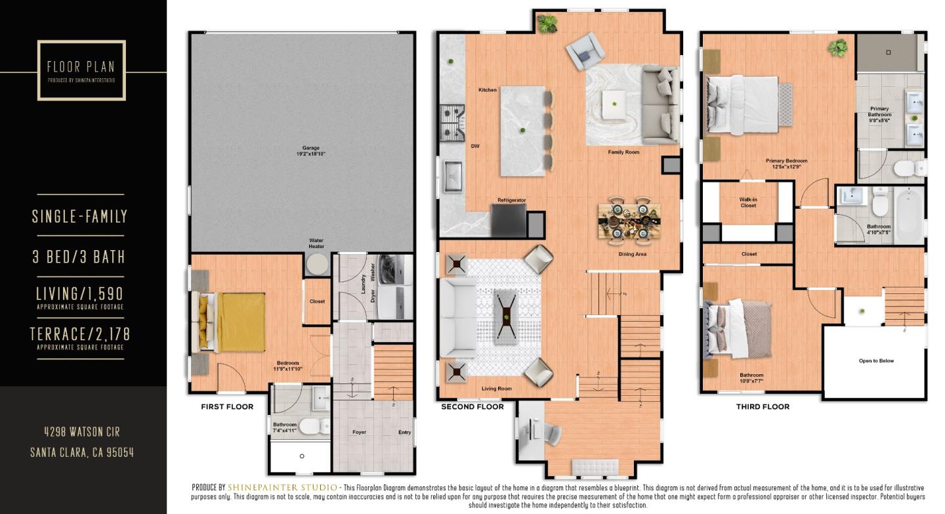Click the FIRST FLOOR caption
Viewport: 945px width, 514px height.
click(x=227, y=407)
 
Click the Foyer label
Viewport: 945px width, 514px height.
click(x=359, y=432)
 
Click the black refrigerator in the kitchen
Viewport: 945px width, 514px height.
click(x=509, y=219)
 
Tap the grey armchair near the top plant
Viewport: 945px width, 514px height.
click(x=586, y=51)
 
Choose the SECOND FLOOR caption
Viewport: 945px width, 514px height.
click(x=472, y=407)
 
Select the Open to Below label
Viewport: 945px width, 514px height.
click(x=876, y=360)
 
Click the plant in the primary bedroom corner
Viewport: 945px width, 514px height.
click(x=837, y=47)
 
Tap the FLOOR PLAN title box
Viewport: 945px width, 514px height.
click(x=81, y=70)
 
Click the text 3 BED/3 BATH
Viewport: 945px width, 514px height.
click(x=79, y=256)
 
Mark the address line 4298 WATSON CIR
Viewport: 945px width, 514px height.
click(x=82, y=432)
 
